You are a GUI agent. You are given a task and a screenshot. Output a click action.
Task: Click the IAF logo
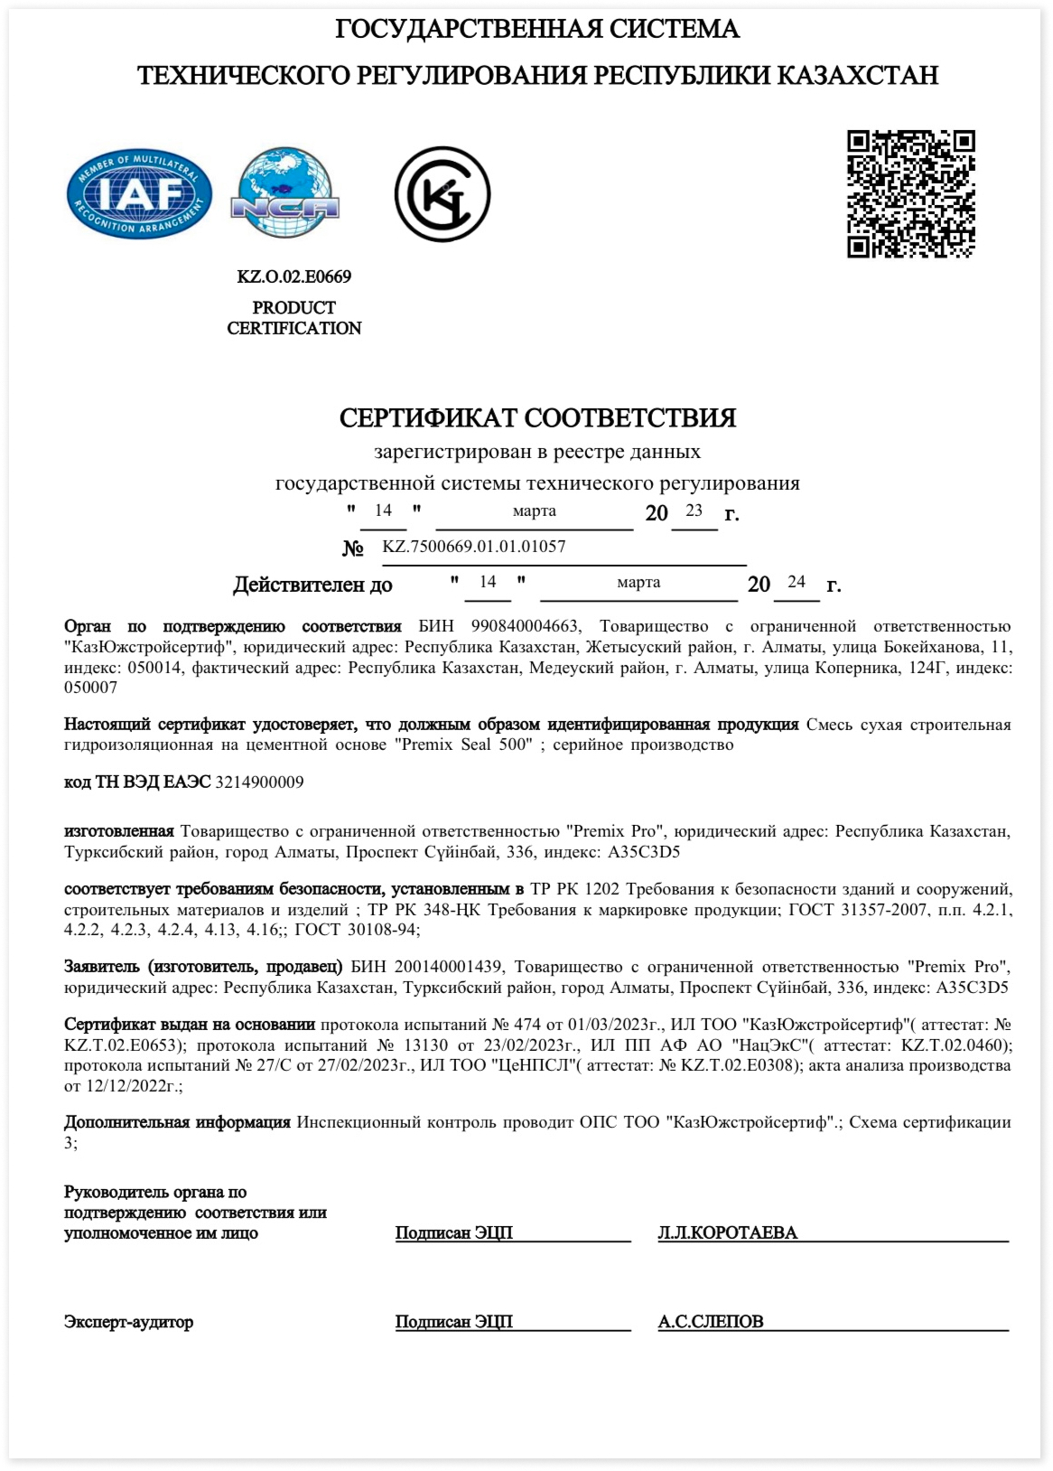(x=139, y=194)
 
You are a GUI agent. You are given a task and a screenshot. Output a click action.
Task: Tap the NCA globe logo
(x=285, y=193)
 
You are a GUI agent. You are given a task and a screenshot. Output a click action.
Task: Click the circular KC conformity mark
(x=442, y=194)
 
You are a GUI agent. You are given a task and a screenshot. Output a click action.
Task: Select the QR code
(x=910, y=194)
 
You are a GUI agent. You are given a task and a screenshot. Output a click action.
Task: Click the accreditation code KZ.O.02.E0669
(x=294, y=276)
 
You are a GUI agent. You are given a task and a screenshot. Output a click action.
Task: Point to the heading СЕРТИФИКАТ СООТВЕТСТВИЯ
(x=537, y=417)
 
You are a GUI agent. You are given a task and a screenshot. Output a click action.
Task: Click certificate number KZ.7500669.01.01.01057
(x=474, y=546)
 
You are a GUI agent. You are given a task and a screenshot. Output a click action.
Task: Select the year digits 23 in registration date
(x=694, y=511)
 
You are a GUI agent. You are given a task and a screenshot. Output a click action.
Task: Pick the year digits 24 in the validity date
(x=796, y=582)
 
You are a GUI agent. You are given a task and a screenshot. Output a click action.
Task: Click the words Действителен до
(x=312, y=585)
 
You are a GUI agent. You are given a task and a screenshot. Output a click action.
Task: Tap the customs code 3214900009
(x=259, y=782)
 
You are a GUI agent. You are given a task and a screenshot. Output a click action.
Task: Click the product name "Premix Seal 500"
(x=462, y=745)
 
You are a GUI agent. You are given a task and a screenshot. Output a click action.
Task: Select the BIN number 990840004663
(x=525, y=626)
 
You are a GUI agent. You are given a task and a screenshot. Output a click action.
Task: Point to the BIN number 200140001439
(x=448, y=967)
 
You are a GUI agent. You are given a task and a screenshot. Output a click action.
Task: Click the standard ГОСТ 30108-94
(x=357, y=929)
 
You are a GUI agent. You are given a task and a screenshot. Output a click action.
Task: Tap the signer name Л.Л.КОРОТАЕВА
(x=727, y=1232)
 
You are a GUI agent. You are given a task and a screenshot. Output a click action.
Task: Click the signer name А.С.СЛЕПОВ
(x=711, y=1321)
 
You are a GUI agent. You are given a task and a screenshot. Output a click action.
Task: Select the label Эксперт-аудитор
(x=128, y=1321)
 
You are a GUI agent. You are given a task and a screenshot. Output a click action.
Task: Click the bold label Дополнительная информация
(x=177, y=1122)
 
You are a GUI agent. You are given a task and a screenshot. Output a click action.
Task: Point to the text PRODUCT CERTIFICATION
(x=294, y=318)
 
